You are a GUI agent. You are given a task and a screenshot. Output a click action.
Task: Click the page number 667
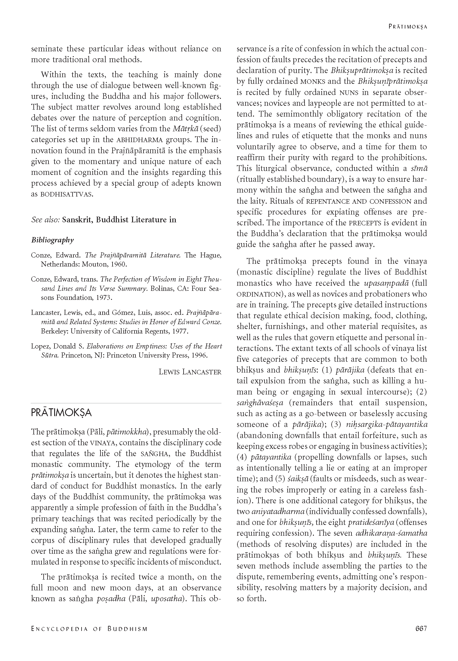[x=421, y=629]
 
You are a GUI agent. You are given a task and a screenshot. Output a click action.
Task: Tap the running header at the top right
[x=408, y=26]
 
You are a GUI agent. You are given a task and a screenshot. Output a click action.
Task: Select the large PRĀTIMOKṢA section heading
[x=61, y=413]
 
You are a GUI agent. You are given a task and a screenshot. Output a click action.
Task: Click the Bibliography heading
[x=52, y=240]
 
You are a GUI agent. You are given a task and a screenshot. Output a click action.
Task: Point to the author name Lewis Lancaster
[x=190, y=372]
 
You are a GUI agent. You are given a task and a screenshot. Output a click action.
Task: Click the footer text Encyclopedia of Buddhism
[x=89, y=629]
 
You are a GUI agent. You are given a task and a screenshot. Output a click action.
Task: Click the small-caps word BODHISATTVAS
[x=67, y=194]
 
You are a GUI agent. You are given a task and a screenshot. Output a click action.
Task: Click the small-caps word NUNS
[x=348, y=92]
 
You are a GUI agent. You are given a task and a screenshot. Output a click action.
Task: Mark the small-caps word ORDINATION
[x=258, y=294]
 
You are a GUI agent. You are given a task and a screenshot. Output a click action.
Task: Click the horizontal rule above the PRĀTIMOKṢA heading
[x=126, y=403]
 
